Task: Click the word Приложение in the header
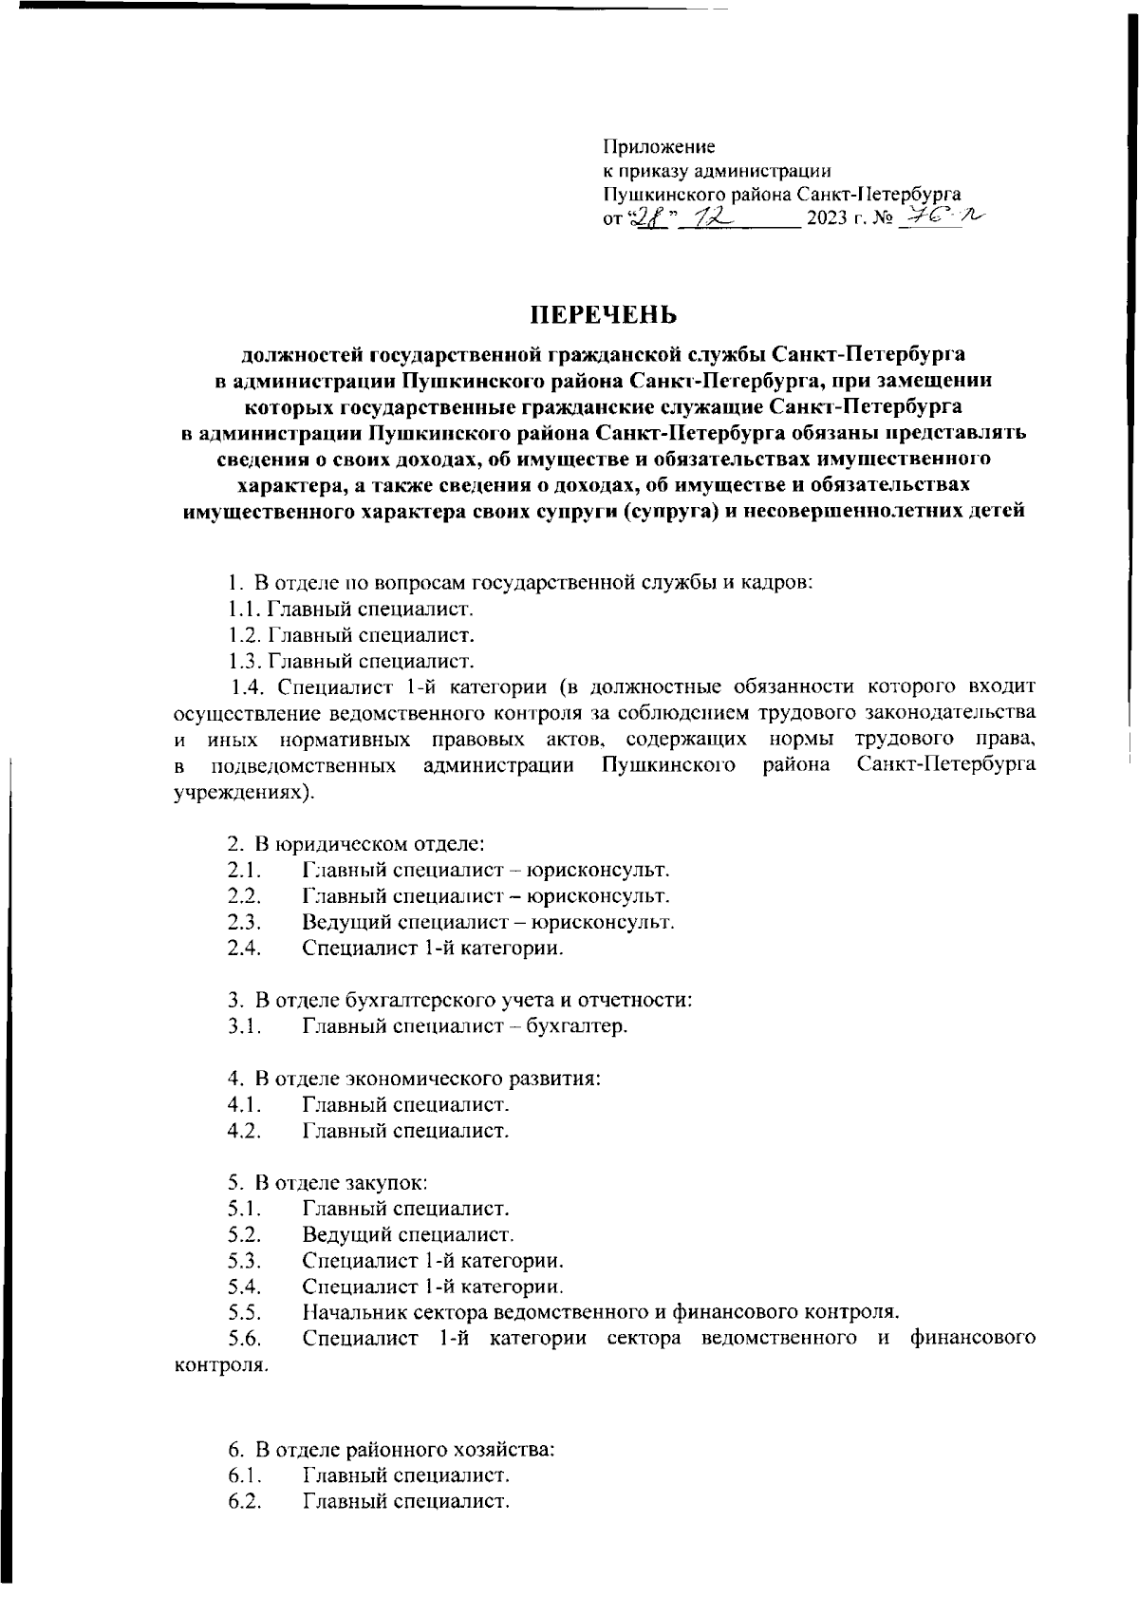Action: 660,147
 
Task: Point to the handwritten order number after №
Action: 940,218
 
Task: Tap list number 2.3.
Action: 244,922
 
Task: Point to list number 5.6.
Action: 244,1340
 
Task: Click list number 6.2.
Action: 244,1502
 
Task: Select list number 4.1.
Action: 244,1105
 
